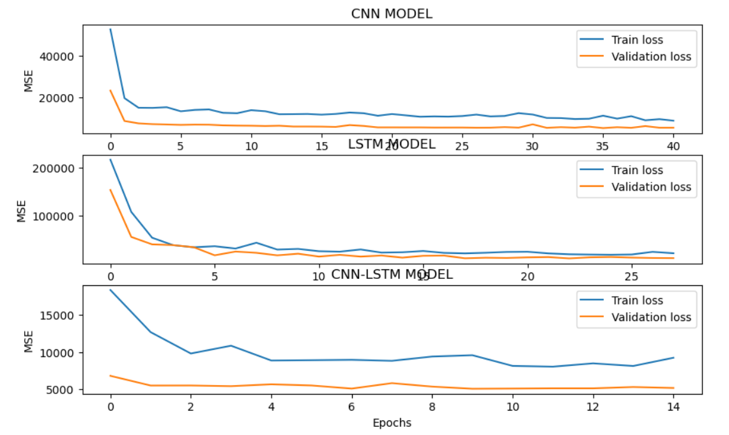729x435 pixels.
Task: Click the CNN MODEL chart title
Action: (392, 14)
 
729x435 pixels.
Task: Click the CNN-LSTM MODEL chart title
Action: (392, 274)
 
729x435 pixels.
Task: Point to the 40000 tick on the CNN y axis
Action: (58, 56)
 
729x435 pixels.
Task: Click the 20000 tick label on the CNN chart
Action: (58, 98)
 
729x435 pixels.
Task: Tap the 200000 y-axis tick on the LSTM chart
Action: (55, 168)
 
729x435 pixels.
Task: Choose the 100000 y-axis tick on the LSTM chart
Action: (55, 216)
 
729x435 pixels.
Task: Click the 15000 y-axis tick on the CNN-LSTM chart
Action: (58, 315)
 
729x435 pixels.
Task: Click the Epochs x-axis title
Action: (392, 423)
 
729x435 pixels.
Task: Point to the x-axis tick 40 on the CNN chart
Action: (673, 146)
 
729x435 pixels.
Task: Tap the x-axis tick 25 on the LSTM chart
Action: (631, 276)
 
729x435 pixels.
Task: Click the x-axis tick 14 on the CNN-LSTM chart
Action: (673, 407)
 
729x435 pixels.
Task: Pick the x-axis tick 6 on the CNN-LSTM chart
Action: (351, 407)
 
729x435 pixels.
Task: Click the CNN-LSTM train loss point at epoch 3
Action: (231, 345)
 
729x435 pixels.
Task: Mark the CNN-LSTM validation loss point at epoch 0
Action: (111, 376)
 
